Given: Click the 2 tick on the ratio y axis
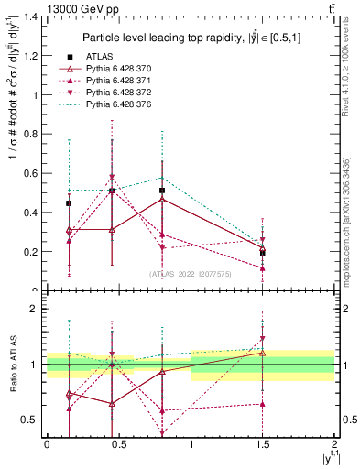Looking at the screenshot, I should point(35,309).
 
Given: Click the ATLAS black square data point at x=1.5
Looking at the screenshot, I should point(263,253).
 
